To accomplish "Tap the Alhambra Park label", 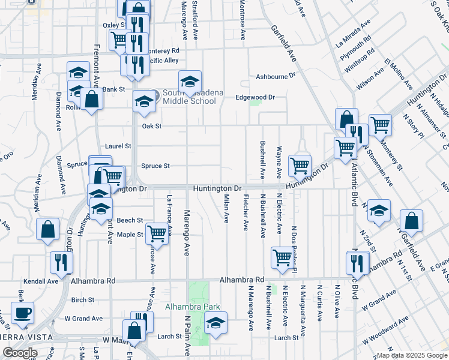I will click(x=193, y=307).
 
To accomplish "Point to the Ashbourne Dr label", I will click(x=276, y=76).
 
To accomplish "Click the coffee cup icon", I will click(x=23, y=313).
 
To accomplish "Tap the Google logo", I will click(x=20, y=353).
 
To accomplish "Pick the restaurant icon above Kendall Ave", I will click(x=61, y=261).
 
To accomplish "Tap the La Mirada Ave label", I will click(x=354, y=34).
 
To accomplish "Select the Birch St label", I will click(x=83, y=299).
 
